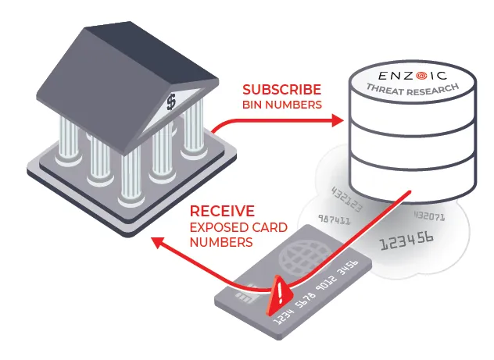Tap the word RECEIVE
pos(222,211)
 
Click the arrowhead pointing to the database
pos(338,121)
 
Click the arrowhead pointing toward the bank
pos(158,244)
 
